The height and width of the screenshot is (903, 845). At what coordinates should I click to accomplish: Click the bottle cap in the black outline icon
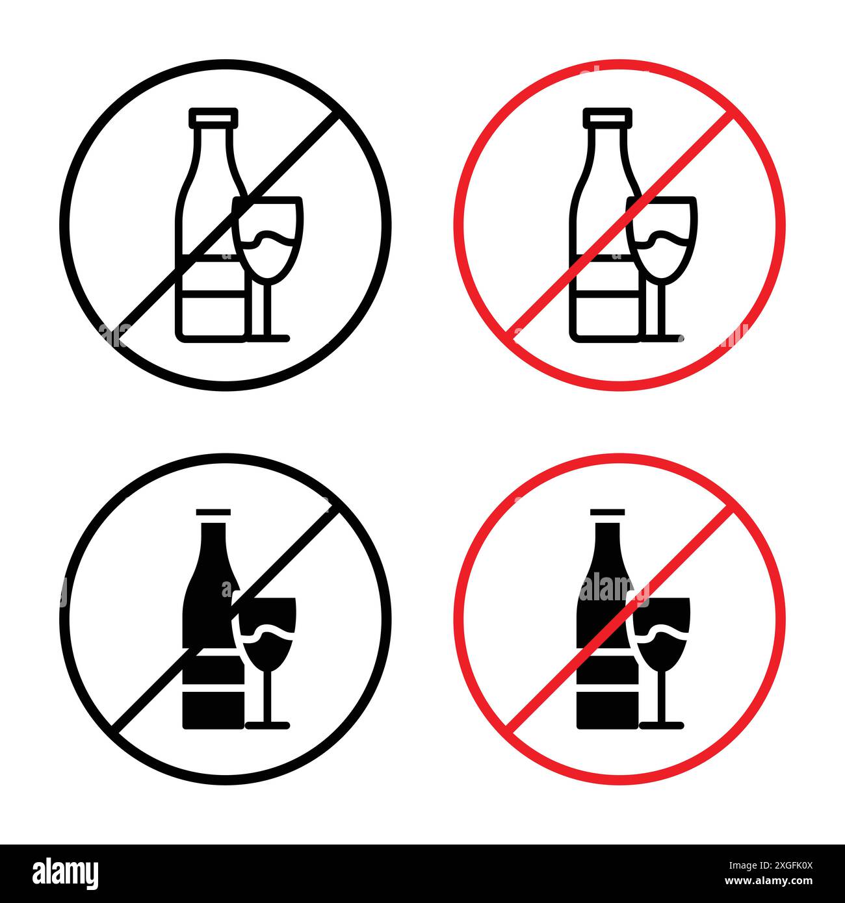click(213, 117)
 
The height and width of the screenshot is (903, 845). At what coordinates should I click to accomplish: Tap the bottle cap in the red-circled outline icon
click(607, 117)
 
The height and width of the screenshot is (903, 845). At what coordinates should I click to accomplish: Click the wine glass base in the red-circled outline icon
click(662, 337)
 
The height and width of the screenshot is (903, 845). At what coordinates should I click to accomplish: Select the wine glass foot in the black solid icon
click(267, 724)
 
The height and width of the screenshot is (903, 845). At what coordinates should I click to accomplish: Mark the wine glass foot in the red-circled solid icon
click(661, 724)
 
